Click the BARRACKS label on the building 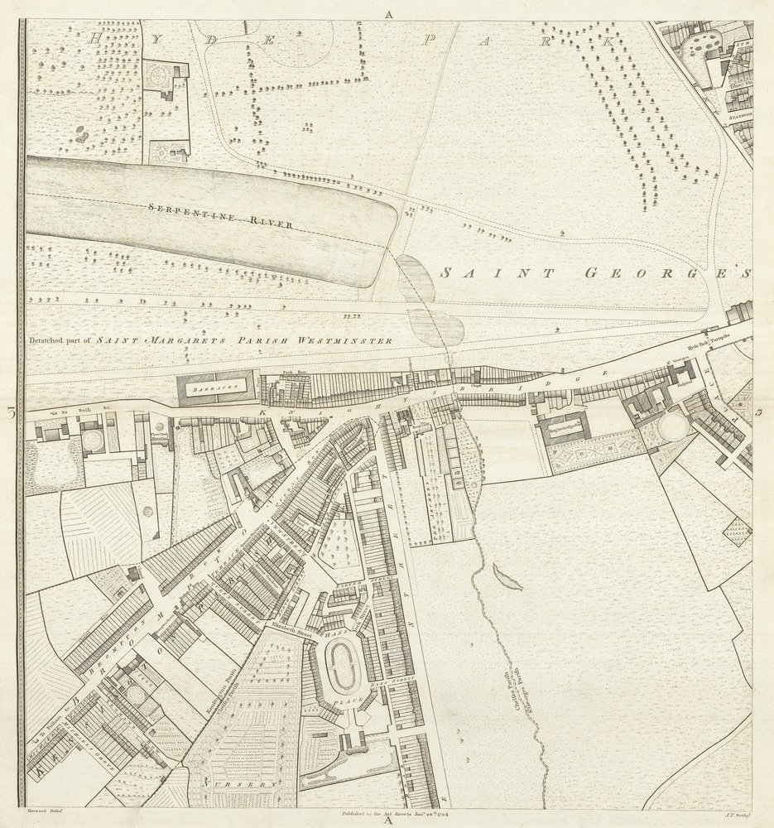click(x=208, y=387)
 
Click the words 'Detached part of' click(x=60, y=340)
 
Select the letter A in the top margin click(x=387, y=13)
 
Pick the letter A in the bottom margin click(x=387, y=819)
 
